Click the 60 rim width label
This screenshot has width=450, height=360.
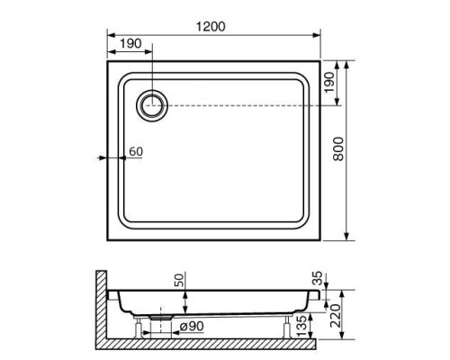click(x=135, y=151)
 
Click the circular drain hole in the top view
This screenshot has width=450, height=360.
click(x=151, y=105)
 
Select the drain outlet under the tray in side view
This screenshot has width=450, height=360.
click(x=161, y=316)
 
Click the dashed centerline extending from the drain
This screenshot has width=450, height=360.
click(x=243, y=105)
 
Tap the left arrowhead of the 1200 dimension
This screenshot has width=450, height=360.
click(x=112, y=37)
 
